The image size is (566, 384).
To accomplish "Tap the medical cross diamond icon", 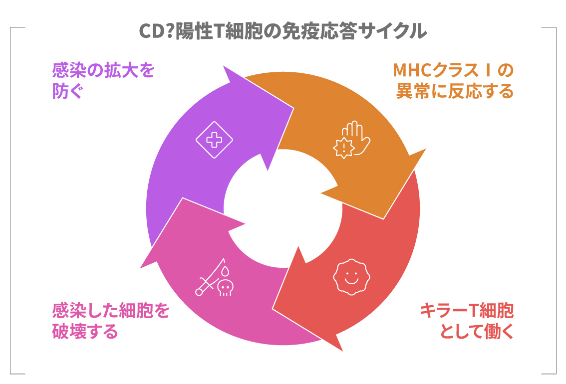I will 214,140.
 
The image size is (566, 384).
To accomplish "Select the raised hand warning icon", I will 353,139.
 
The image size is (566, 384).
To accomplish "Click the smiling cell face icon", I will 351,278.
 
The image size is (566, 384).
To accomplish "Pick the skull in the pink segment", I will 226,287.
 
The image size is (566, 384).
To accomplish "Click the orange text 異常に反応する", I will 454,92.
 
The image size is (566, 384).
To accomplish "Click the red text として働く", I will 476,332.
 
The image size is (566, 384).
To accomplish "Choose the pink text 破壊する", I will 85,332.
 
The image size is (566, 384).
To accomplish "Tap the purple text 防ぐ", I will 68,92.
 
